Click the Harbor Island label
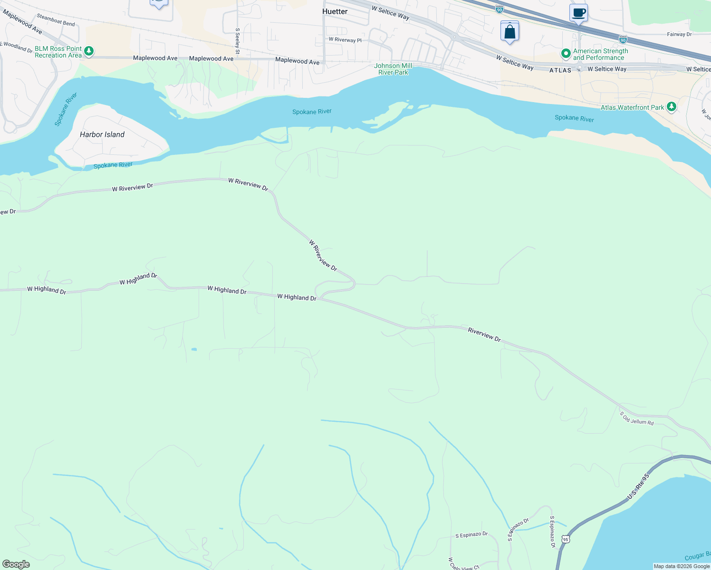point(102,134)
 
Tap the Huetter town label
point(335,11)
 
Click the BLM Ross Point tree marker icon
point(88,51)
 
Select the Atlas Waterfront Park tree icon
point(671,107)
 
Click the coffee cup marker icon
point(578,13)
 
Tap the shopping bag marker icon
point(509,32)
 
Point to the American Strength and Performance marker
point(566,54)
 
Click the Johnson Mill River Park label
point(393,69)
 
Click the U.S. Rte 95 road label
point(638,486)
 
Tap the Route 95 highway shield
point(565,540)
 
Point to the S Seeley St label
point(238,41)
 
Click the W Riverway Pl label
point(345,40)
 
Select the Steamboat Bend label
point(56,20)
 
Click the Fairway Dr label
point(679,34)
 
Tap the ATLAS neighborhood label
point(560,70)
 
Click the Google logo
point(16,564)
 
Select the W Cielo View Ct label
point(463,564)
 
